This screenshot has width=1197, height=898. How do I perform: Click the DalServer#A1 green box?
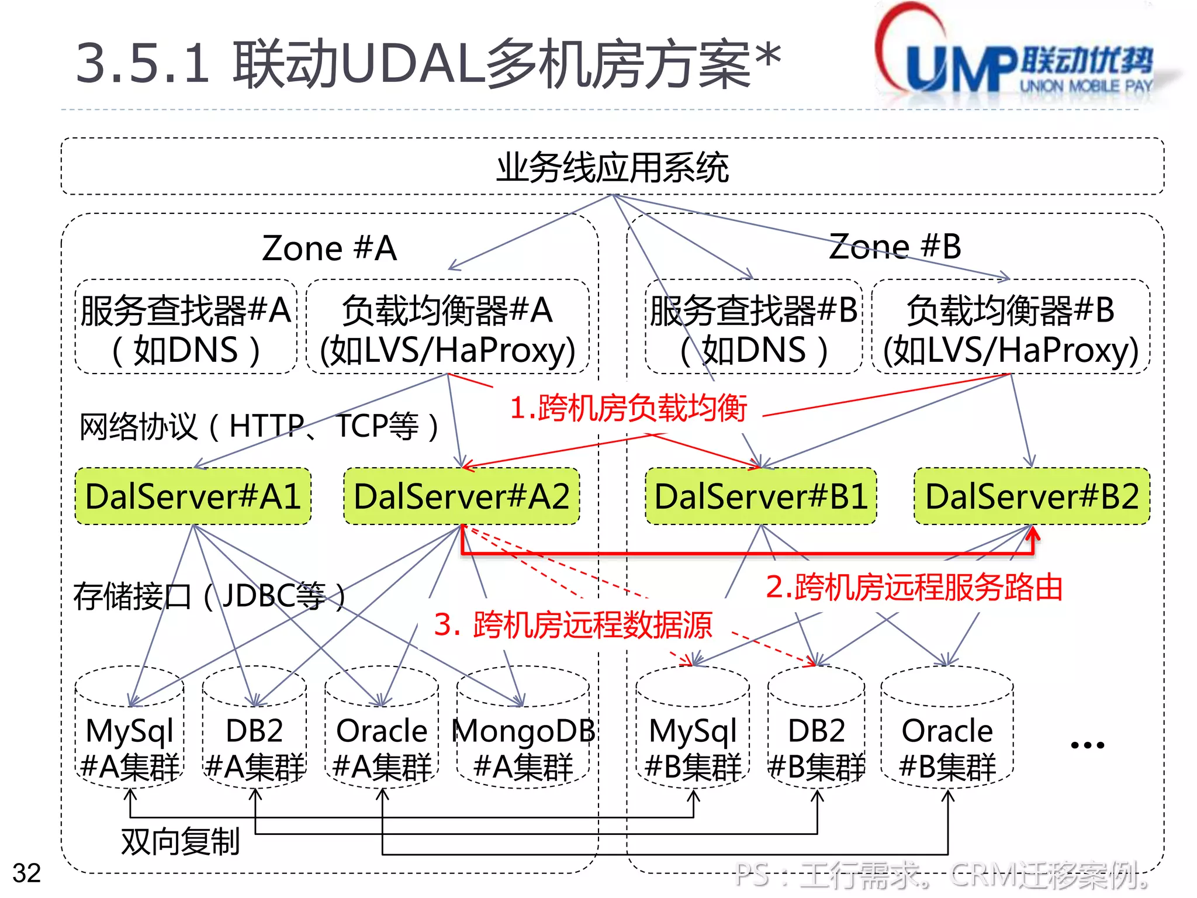193,496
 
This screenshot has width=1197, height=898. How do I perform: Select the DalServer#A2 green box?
462,496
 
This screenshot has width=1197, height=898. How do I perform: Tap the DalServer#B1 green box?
761,496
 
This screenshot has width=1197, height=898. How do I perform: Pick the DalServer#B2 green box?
1032,496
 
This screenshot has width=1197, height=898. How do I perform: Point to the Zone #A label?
330,248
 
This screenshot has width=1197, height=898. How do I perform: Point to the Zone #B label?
895,246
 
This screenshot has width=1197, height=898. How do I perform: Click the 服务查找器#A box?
186,327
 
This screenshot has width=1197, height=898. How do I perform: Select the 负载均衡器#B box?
1011,327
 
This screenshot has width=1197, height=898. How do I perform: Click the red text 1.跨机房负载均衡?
628,407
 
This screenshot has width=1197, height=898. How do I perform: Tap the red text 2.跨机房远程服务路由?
914,587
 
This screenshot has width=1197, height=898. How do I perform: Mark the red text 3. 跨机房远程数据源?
573,624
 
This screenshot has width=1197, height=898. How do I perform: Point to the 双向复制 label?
181,841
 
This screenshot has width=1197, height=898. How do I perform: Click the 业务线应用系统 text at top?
613,168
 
